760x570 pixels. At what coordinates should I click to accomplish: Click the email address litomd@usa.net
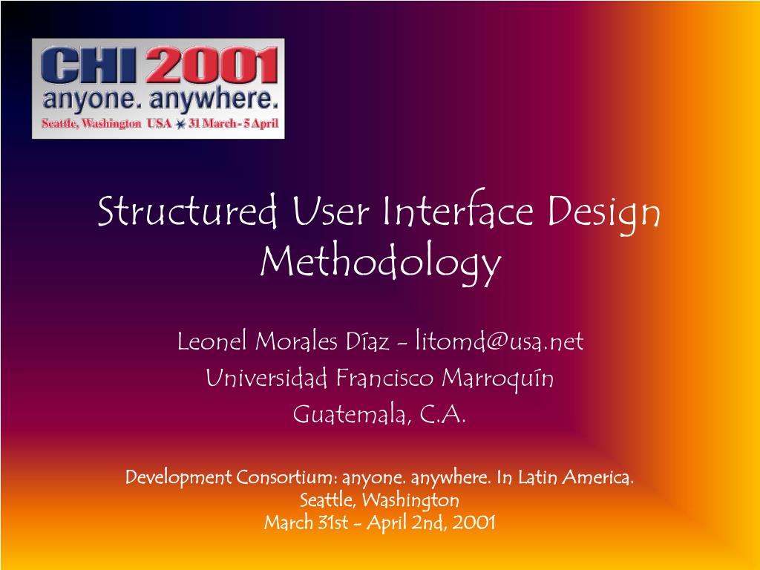pos(499,341)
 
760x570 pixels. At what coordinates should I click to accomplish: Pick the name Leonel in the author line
pos(213,341)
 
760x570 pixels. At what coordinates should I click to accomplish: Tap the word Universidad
pos(266,379)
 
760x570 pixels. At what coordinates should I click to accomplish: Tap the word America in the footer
pos(597,476)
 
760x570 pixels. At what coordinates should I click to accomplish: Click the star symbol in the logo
pos(180,125)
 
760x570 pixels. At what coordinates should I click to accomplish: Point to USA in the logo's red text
pos(159,124)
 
